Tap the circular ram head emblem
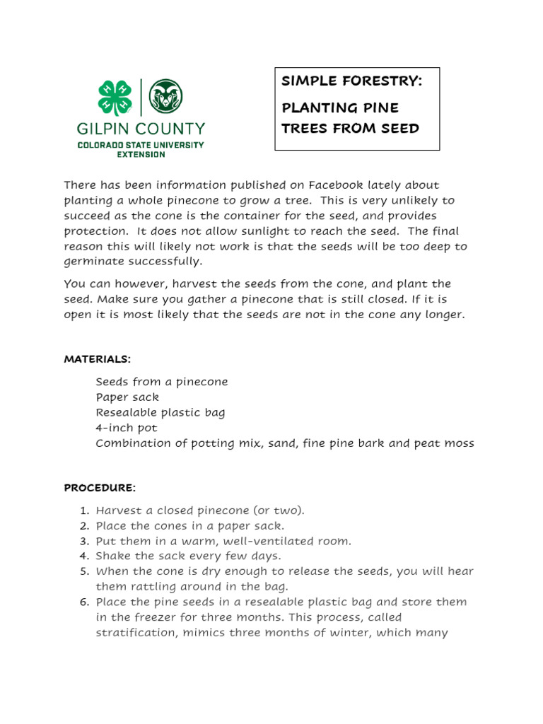tap(165, 96)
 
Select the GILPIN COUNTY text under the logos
tap(141, 129)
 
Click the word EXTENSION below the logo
tap(141, 154)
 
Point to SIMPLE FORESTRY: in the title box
tap(351, 81)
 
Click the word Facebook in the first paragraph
tap(334, 185)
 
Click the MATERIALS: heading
tap(98, 359)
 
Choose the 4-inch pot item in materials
tap(127, 428)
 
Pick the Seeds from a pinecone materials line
tap(162, 382)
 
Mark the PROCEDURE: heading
tap(100, 488)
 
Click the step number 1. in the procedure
tap(84, 510)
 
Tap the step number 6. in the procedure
tap(84, 602)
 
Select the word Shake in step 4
tap(113, 556)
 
